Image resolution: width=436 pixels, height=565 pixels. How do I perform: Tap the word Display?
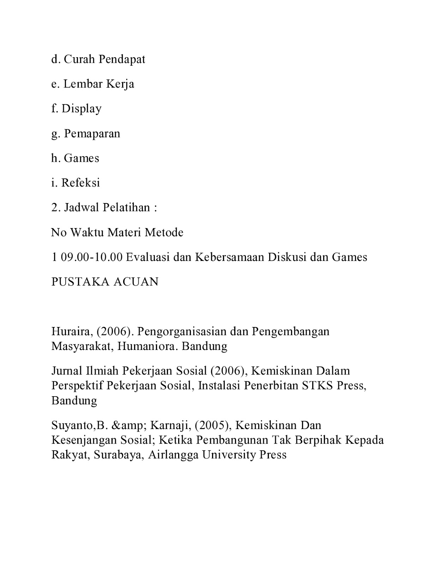(81, 109)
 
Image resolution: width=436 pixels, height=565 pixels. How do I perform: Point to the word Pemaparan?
(92, 133)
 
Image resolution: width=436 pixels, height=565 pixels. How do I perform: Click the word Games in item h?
(81, 158)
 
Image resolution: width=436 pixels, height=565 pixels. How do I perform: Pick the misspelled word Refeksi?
(80, 183)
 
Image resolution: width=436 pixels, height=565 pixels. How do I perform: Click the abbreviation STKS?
(317, 385)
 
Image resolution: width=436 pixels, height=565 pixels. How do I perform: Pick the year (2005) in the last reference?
(212, 426)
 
